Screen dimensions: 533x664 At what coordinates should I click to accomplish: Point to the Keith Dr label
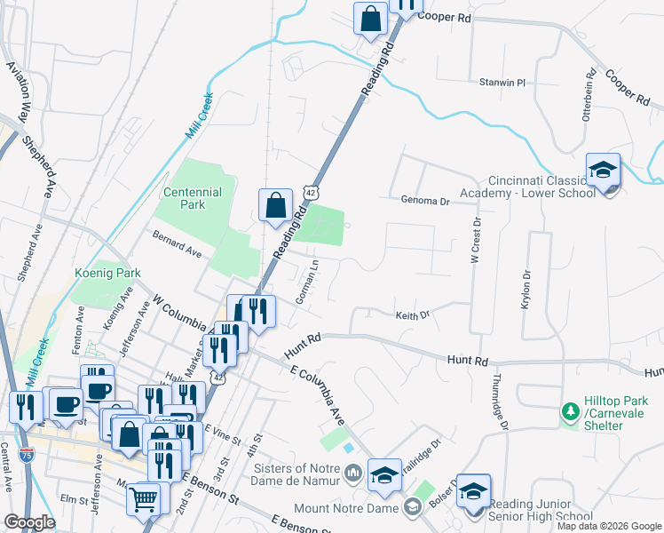412,314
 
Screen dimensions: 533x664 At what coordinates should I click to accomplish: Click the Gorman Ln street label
307,283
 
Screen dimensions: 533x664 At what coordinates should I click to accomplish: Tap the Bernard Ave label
178,246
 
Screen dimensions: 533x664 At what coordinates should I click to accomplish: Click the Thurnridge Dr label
497,403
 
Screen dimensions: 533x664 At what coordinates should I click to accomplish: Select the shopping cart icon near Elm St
143,498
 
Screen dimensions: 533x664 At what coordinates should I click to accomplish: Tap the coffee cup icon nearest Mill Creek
66,404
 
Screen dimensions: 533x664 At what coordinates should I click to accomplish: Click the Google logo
30,523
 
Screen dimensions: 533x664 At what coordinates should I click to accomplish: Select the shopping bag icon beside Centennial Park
275,205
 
